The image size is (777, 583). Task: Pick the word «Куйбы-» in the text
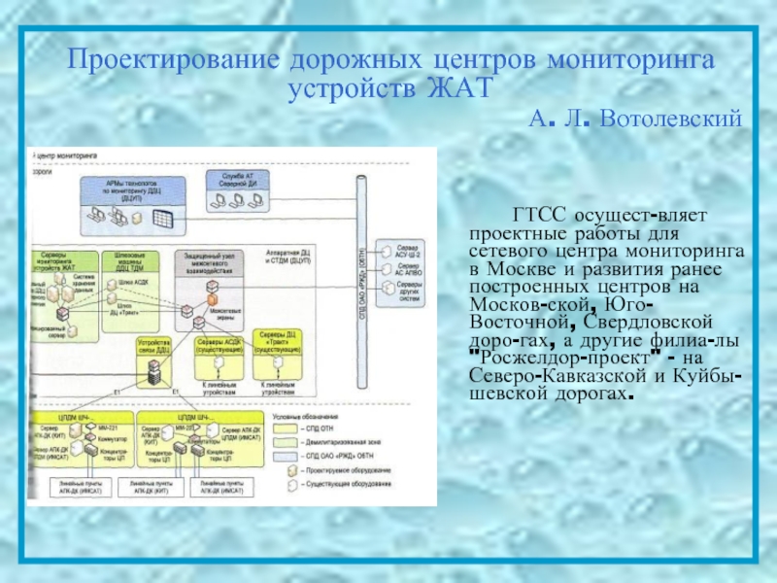[714, 374]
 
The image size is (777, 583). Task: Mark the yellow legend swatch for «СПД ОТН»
[286, 427]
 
